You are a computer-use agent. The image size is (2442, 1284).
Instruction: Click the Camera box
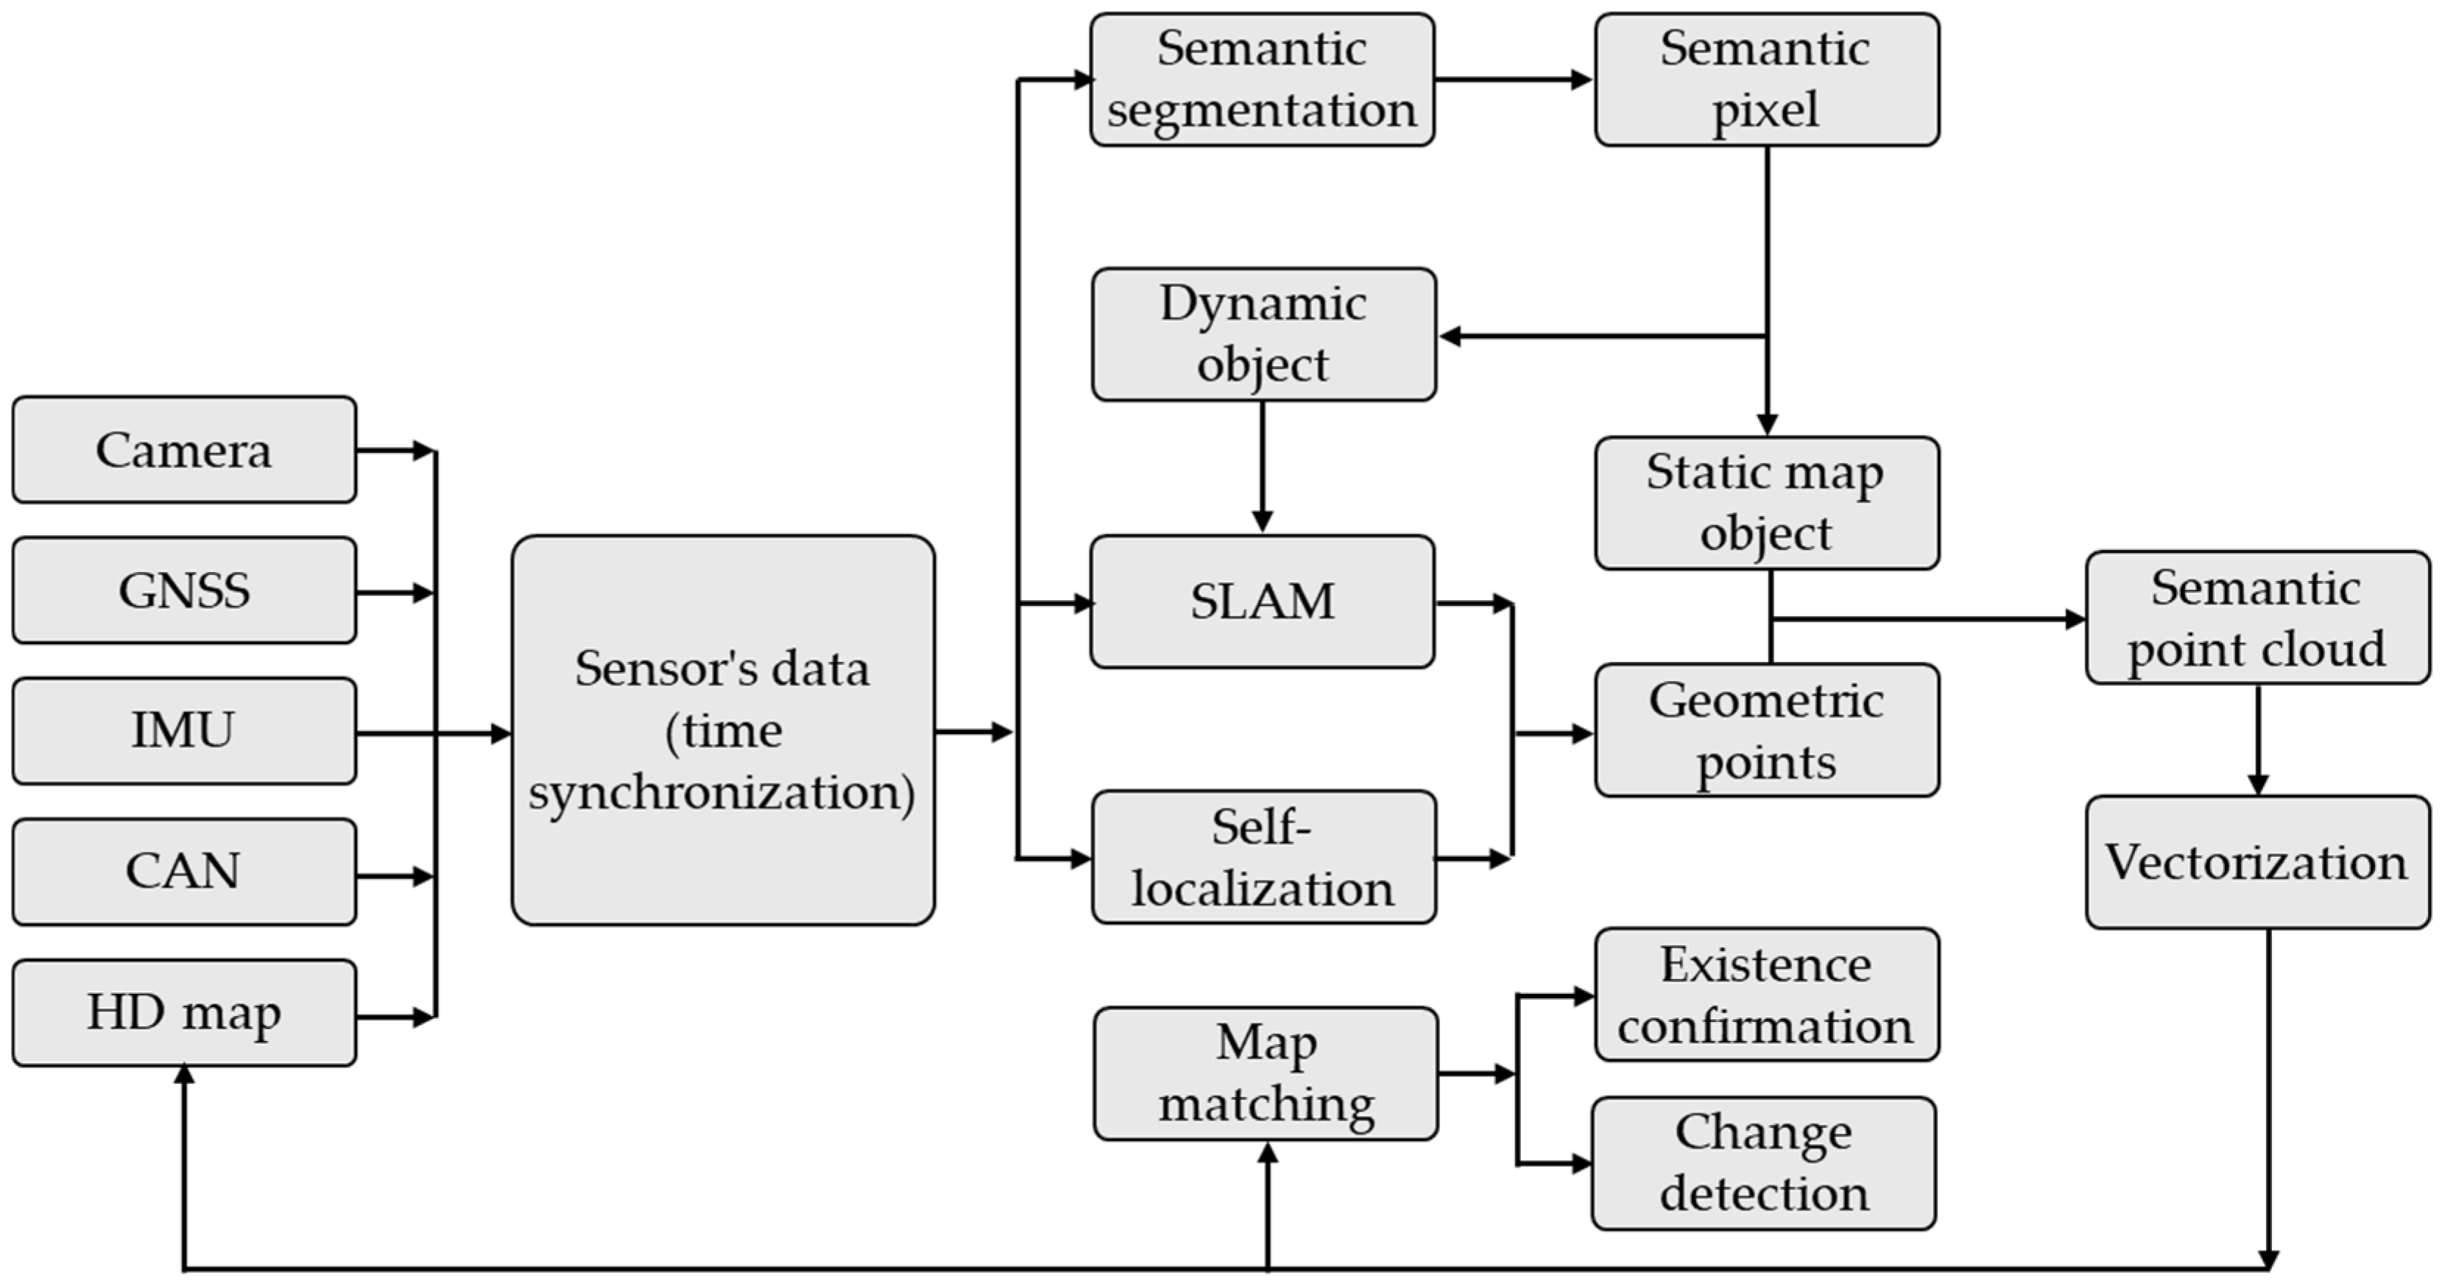(184, 450)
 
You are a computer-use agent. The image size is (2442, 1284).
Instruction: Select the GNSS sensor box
(184, 590)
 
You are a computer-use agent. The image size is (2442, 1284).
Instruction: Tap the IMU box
(184, 730)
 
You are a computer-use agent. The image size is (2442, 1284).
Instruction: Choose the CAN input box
(184, 872)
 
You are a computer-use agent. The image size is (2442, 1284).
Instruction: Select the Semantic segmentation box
(1262, 80)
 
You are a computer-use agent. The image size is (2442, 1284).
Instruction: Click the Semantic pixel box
(1766, 80)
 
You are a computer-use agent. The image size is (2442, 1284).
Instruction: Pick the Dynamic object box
(1263, 334)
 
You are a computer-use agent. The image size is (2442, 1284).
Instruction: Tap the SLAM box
(1262, 602)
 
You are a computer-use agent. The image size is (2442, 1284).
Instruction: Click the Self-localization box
(1263, 857)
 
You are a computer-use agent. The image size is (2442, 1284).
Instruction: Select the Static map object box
(1766, 503)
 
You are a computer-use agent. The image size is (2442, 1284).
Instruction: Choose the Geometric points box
(1766, 730)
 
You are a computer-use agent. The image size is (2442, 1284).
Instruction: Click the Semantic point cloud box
(2256, 618)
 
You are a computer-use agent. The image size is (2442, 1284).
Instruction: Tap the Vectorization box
(2256, 862)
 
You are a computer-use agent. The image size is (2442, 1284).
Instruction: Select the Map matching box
(1266, 1073)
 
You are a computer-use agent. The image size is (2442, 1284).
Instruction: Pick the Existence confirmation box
(1766, 995)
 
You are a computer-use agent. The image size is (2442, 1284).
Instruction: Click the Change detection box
(1763, 1163)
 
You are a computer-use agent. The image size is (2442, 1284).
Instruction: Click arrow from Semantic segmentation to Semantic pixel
(1514, 80)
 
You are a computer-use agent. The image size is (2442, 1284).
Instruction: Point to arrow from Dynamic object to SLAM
(1262, 467)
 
